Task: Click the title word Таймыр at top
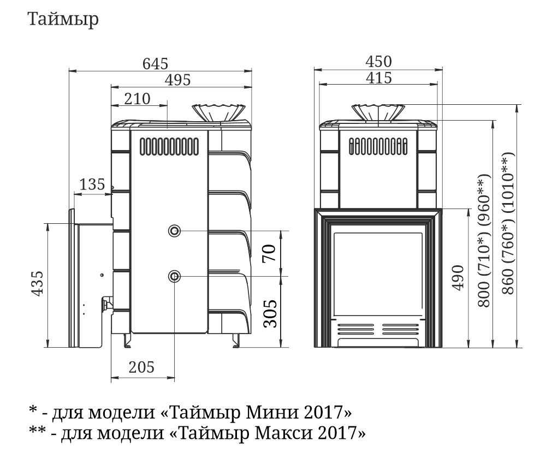click(x=63, y=20)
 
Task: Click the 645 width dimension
click(x=155, y=64)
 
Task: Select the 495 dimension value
click(x=178, y=80)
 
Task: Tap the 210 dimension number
click(x=138, y=99)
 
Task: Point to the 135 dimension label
click(x=92, y=184)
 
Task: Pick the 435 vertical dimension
click(x=38, y=283)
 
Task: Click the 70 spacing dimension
click(x=269, y=253)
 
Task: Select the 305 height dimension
click(x=271, y=313)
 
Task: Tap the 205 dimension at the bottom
click(x=141, y=367)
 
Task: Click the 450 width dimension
click(x=378, y=62)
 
